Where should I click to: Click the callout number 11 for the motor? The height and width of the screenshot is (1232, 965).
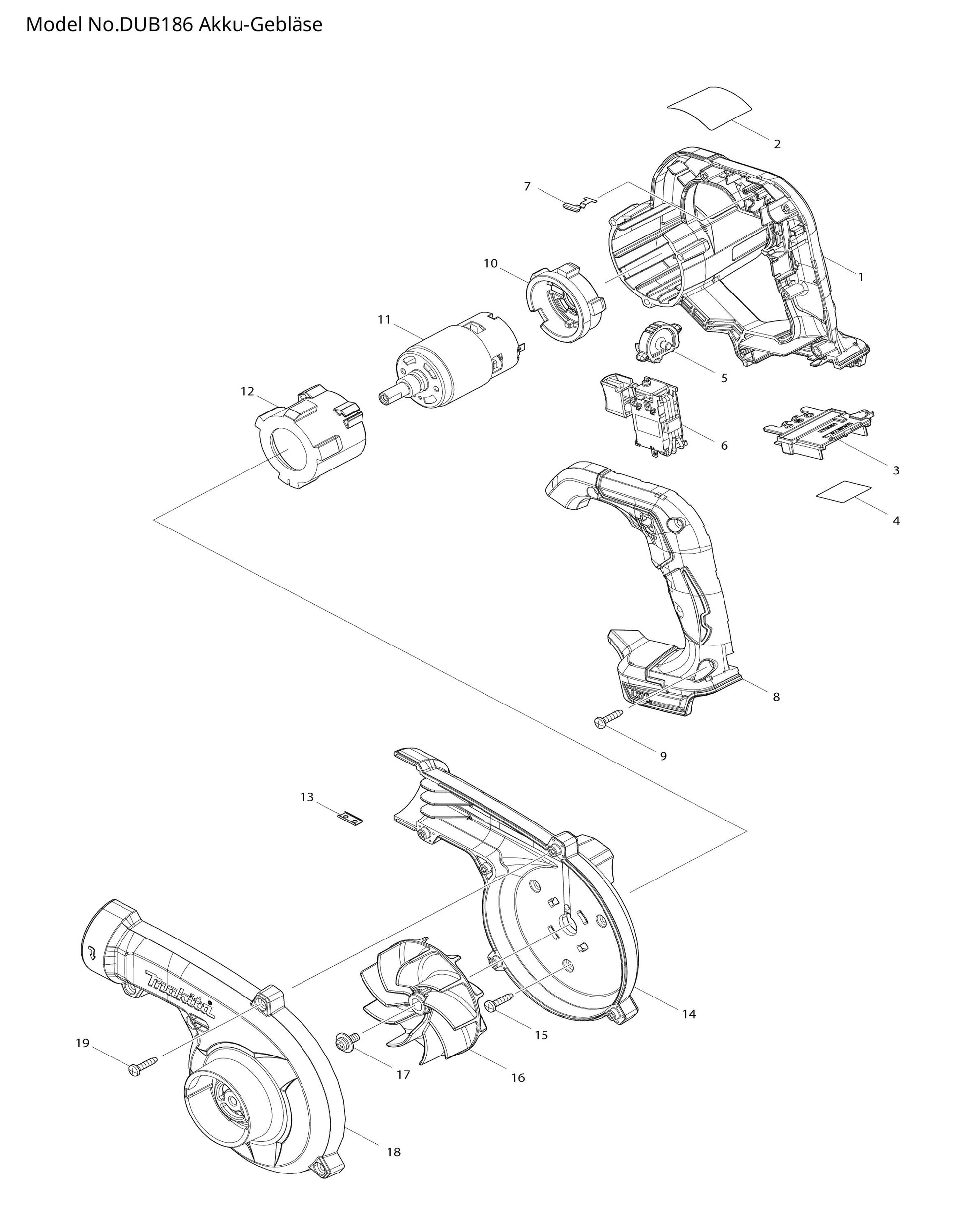click(x=384, y=320)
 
